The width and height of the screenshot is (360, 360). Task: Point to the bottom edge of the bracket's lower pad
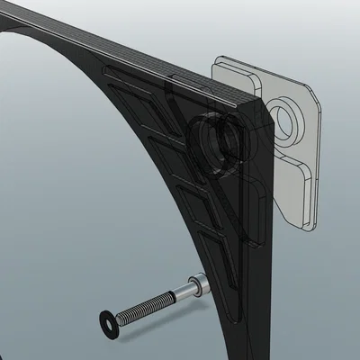[301, 225]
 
